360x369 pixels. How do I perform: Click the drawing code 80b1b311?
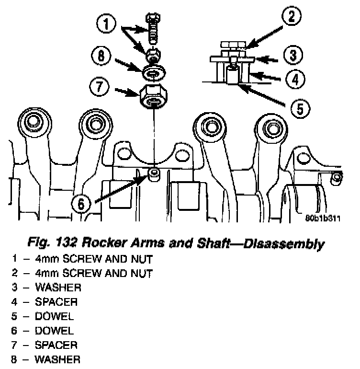pos(323,218)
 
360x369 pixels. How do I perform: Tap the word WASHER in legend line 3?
pos(57,288)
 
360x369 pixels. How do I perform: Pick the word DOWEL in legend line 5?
pos(54,316)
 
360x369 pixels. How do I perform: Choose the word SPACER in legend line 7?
pos(56,345)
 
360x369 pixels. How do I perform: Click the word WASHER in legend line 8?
pos(57,359)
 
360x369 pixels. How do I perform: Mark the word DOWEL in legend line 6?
pos(54,331)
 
